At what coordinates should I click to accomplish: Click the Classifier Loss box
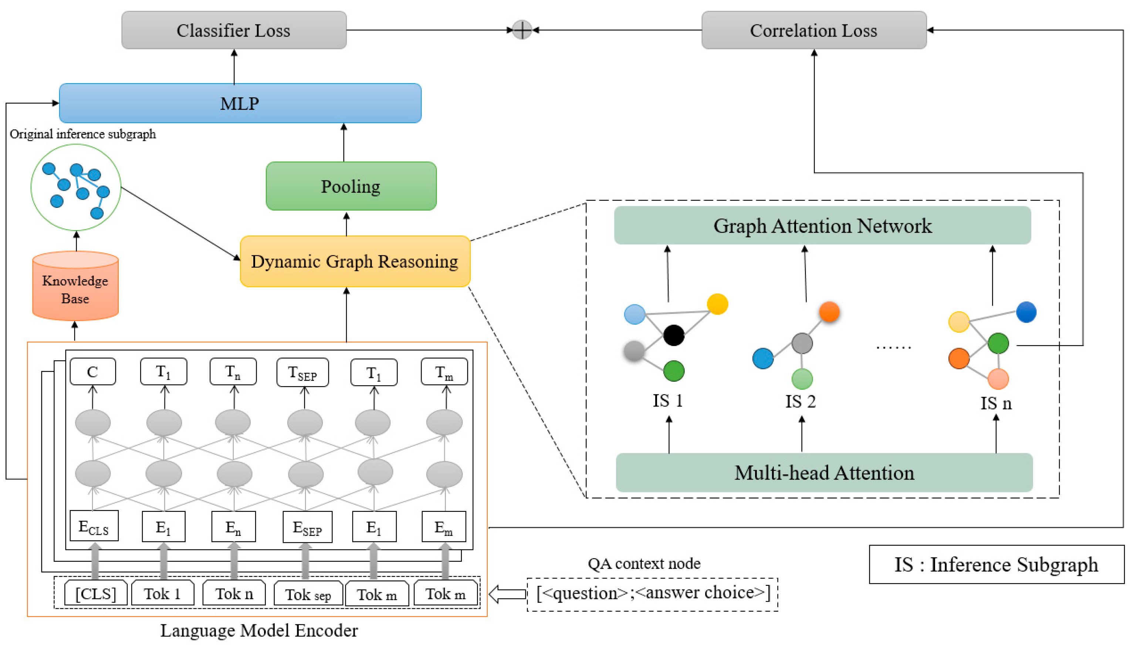[234, 30]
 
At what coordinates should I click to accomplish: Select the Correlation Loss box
[813, 30]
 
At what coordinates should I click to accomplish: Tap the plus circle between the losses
[522, 30]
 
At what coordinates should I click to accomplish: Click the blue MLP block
[240, 103]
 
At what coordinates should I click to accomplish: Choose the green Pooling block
[351, 186]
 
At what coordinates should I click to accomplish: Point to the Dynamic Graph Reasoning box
[355, 261]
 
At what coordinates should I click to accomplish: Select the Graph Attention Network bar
[822, 226]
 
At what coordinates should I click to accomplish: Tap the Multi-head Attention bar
[824, 473]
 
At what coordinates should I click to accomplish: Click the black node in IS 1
[673, 335]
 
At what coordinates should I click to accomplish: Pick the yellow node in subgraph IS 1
[717, 304]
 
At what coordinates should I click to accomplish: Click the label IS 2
[800, 401]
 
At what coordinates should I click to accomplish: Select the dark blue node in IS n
[1026, 312]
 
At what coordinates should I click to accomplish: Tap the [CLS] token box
[96, 593]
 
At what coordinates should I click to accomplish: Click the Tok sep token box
[308, 594]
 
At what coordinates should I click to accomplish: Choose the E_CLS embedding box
[94, 526]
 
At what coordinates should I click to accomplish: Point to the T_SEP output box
[303, 372]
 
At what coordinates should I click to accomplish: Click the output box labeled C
[92, 372]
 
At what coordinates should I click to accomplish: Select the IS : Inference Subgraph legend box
[996, 564]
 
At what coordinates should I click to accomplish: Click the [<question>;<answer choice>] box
[653, 593]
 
